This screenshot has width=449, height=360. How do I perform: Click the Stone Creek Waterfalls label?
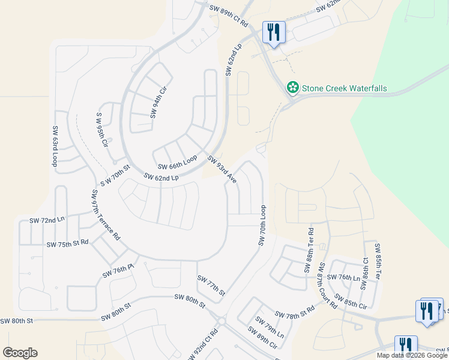344,88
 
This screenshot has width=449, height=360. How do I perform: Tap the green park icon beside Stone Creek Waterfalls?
293,88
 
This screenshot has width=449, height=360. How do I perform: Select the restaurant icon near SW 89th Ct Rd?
274,32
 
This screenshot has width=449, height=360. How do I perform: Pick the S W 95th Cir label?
102,129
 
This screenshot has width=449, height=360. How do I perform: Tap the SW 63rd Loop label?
55,146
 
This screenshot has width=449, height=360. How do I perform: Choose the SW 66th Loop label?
177,162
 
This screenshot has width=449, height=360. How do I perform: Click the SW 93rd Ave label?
222,169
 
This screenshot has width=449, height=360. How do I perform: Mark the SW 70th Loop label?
262,224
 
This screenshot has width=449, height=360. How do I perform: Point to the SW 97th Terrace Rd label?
106,215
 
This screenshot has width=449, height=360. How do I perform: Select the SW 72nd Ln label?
46,220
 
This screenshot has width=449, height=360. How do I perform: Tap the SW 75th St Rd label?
67,243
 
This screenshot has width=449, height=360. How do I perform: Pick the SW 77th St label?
211,286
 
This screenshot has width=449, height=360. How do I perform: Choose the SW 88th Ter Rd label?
309,250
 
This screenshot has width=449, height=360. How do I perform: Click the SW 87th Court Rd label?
328,285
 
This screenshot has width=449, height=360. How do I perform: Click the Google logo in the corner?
20,353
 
